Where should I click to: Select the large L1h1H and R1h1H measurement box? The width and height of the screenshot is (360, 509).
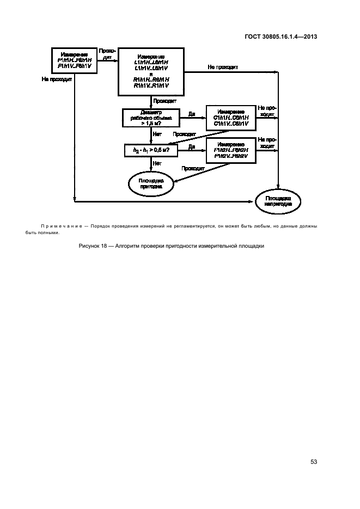[x=151, y=71]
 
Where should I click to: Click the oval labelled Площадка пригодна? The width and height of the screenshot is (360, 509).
[x=151, y=182]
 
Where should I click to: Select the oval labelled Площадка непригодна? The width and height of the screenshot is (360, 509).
[x=278, y=201]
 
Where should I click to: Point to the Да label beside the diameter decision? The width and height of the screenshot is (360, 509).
[x=192, y=114]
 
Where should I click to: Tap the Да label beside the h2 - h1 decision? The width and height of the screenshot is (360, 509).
[x=192, y=146]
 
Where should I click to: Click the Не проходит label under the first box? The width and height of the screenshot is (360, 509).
[x=57, y=78]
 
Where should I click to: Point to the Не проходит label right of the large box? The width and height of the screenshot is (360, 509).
[x=222, y=67]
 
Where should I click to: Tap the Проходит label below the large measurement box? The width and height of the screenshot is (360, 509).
[x=164, y=101]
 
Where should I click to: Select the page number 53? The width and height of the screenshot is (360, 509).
[x=314, y=462]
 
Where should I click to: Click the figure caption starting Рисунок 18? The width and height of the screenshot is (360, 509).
[x=172, y=246]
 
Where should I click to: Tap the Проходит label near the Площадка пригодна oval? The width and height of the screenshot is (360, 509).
[x=193, y=168]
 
